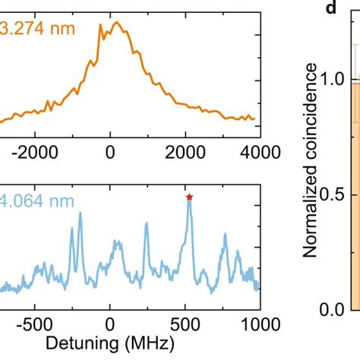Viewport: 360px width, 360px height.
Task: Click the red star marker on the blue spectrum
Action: click(189, 197)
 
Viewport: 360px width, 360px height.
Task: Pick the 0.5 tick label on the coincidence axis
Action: click(331, 195)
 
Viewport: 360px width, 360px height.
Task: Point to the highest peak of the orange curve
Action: click(115, 22)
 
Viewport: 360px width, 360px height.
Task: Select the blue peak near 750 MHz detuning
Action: click(225, 235)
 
